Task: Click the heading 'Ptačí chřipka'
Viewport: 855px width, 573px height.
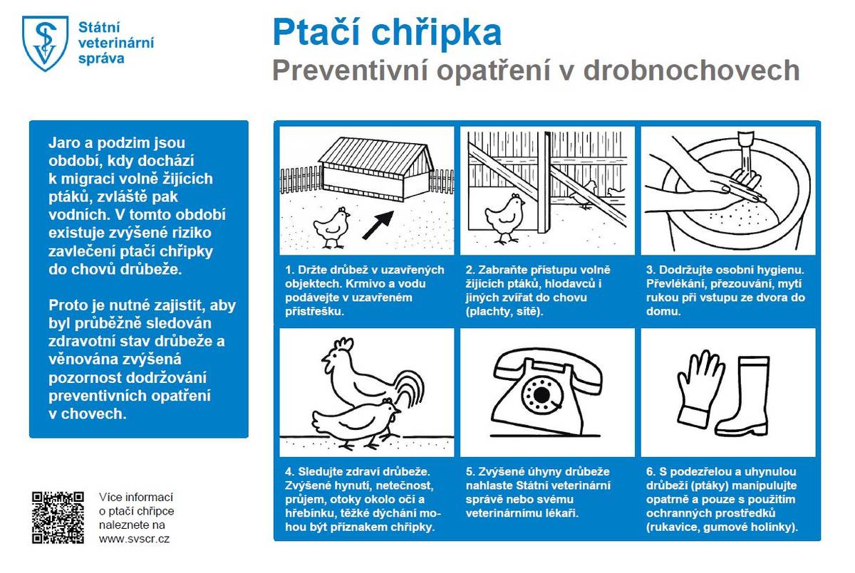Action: coord(387,32)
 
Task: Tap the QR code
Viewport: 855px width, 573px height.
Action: coord(59,517)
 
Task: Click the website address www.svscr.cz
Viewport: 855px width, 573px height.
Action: coord(134,539)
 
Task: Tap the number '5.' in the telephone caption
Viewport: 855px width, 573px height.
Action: coord(470,472)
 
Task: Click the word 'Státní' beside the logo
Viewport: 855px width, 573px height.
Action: coord(99,27)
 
